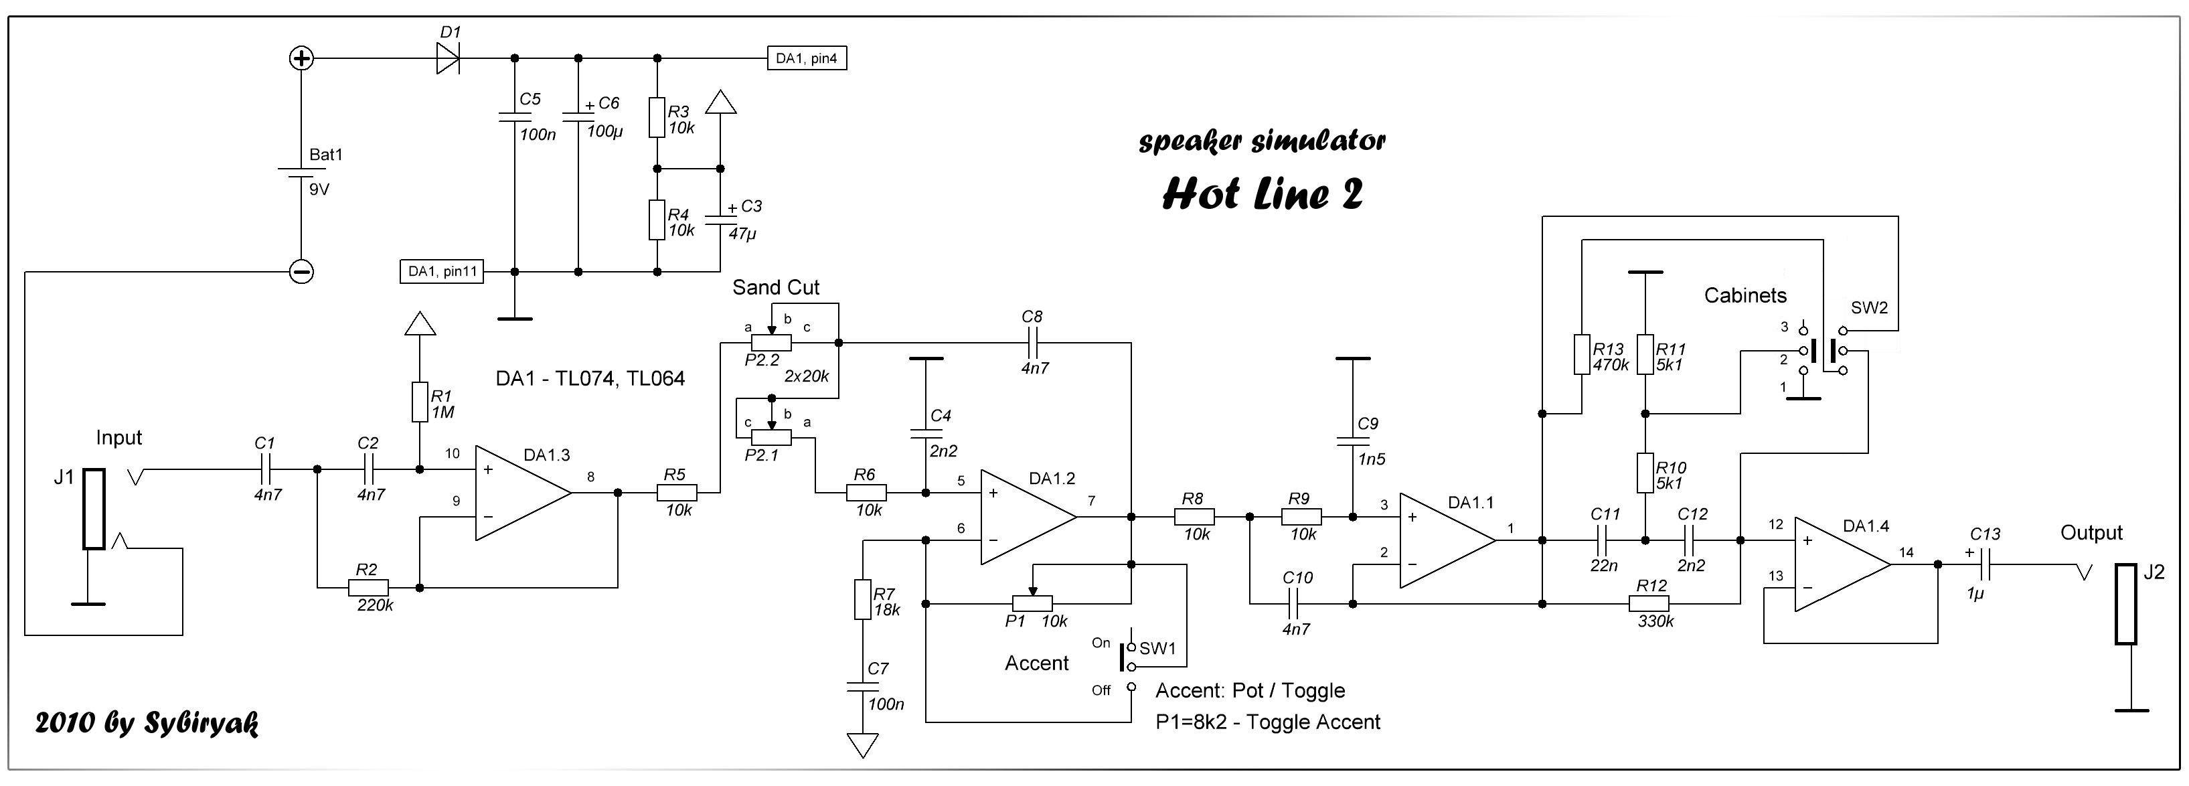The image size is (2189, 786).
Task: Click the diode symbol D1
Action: tap(448, 59)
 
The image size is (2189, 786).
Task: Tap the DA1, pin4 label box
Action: tap(807, 59)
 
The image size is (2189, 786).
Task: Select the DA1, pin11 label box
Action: tap(442, 272)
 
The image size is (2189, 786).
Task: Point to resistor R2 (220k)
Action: tap(368, 587)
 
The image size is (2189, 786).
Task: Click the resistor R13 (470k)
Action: tap(1581, 354)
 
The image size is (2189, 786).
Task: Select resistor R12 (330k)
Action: tap(1649, 603)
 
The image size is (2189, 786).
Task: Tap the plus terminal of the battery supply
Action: tap(302, 59)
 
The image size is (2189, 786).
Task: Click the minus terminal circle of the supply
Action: tap(302, 272)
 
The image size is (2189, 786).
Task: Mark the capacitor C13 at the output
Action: tap(1985, 564)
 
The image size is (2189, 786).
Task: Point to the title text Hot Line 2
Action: tap(1262, 193)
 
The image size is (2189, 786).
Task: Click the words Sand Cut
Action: tap(775, 287)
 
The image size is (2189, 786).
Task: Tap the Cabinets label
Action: tap(1745, 296)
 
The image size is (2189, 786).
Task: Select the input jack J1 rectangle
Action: tap(94, 509)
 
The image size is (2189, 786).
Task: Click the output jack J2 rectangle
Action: tap(2125, 603)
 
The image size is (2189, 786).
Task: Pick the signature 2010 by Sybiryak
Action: tap(146, 723)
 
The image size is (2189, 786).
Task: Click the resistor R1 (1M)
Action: tap(419, 402)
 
